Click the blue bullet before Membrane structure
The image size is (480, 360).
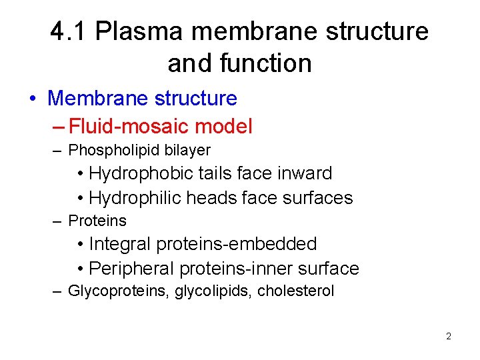click(x=33, y=99)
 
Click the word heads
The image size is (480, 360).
click(x=211, y=198)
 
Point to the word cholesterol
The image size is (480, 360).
click(x=296, y=291)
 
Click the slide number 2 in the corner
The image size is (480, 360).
click(x=449, y=337)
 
